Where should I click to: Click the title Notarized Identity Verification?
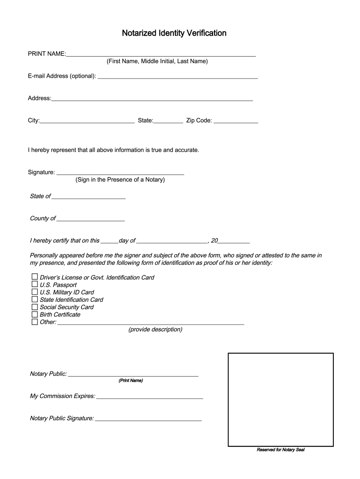(x=174, y=33)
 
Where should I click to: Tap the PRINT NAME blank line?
(x=161, y=54)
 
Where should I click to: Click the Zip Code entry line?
(x=236, y=121)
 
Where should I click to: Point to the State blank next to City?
(x=168, y=121)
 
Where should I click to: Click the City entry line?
(x=87, y=121)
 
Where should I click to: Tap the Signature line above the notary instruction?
(x=120, y=172)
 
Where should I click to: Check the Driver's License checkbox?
(x=35, y=277)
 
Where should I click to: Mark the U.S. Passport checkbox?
(x=35, y=284)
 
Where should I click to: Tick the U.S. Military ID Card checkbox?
(x=35, y=292)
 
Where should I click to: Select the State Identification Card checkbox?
(x=35, y=299)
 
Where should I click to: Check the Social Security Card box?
(x=35, y=307)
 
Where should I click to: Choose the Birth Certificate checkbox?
(x=35, y=314)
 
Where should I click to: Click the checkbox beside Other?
(x=35, y=322)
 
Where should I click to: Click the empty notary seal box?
(x=281, y=399)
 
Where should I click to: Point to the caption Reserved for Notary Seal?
(x=281, y=450)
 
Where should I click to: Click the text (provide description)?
(x=155, y=330)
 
